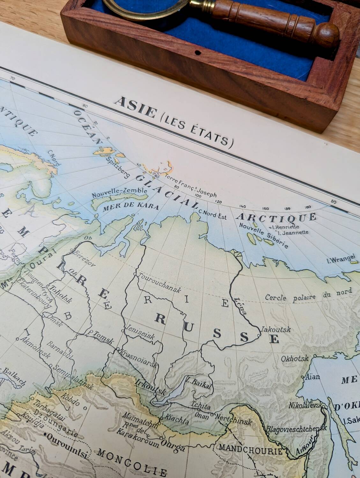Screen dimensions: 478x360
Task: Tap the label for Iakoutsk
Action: point(276,329)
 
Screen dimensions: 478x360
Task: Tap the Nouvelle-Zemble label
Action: point(120,193)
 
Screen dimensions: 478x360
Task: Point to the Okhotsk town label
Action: point(295,358)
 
